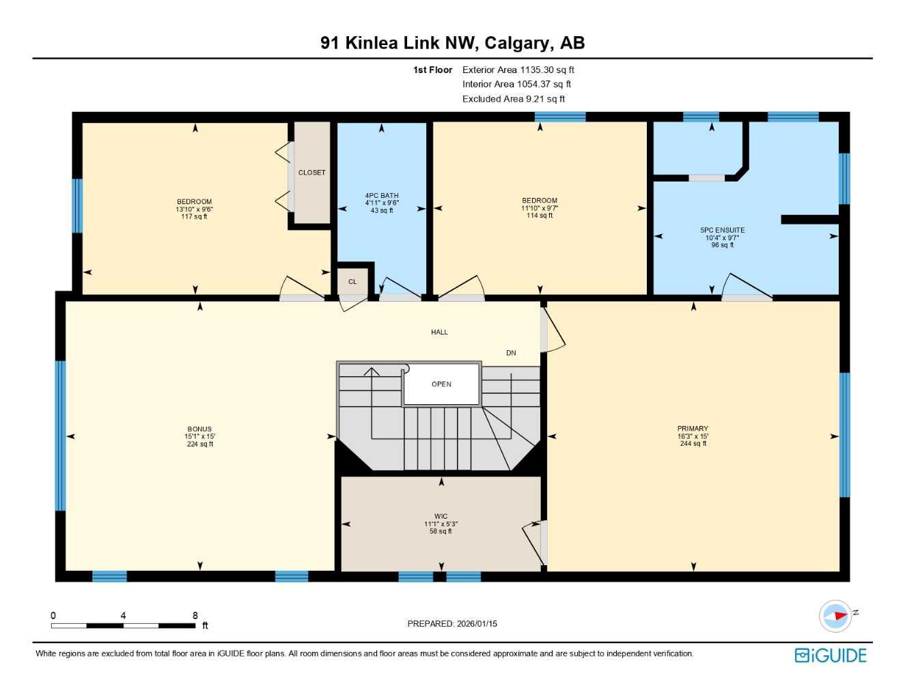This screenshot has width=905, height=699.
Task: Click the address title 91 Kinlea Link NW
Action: [452, 43]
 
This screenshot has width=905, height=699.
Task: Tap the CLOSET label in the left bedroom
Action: [311, 173]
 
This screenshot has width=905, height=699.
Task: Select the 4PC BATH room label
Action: [382, 196]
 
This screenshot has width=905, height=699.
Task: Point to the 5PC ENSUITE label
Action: [722, 231]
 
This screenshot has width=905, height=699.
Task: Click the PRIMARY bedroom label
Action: [693, 429]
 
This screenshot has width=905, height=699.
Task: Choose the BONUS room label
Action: [199, 429]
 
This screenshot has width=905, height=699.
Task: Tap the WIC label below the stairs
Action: [441, 517]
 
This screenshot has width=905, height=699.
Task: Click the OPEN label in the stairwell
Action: [441, 384]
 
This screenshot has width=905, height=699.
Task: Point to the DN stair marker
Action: [511, 353]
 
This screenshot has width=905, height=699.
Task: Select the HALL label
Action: [439, 332]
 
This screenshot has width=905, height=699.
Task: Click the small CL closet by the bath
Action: [352, 281]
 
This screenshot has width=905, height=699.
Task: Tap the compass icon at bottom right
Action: [835, 616]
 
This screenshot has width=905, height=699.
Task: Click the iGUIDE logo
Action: [831, 655]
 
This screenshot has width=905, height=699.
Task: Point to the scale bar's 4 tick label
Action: [123, 616]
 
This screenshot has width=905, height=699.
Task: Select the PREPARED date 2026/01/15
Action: [452, 623]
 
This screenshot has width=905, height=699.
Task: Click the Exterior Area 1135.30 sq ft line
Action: [518, 70]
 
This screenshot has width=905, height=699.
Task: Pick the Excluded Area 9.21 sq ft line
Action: [513, 99]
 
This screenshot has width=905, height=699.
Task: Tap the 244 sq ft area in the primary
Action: [693, 444]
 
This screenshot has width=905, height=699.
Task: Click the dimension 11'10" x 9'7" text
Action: [540, 208]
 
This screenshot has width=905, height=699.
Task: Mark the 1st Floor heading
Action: [432, 70]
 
